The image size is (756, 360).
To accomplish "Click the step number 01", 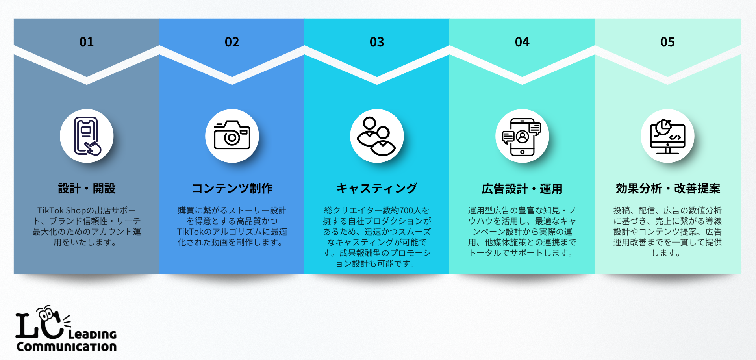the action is (87, 42).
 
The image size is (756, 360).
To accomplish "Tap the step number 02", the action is (232, 42).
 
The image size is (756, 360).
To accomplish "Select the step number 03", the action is (377, 42).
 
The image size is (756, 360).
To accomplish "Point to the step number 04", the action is (522, 42).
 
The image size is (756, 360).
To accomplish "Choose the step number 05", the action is (667, 42).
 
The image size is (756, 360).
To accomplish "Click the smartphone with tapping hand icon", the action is (87, 136).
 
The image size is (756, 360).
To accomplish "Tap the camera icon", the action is (232, 135).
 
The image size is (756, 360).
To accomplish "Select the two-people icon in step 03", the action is (376, 136).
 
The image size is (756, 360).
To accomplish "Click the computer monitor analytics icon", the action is (667, 136).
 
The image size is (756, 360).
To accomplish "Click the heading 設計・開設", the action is (87, 189).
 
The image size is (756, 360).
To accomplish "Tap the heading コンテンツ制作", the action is (232, 189).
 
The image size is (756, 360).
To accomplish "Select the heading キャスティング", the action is (377, 189).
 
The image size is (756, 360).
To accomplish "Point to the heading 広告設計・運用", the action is (522, 189).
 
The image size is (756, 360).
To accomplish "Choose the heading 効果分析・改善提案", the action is (668, 189).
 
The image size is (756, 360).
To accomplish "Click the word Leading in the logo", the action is (93, 334).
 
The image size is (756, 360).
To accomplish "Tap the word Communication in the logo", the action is (67, 347).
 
